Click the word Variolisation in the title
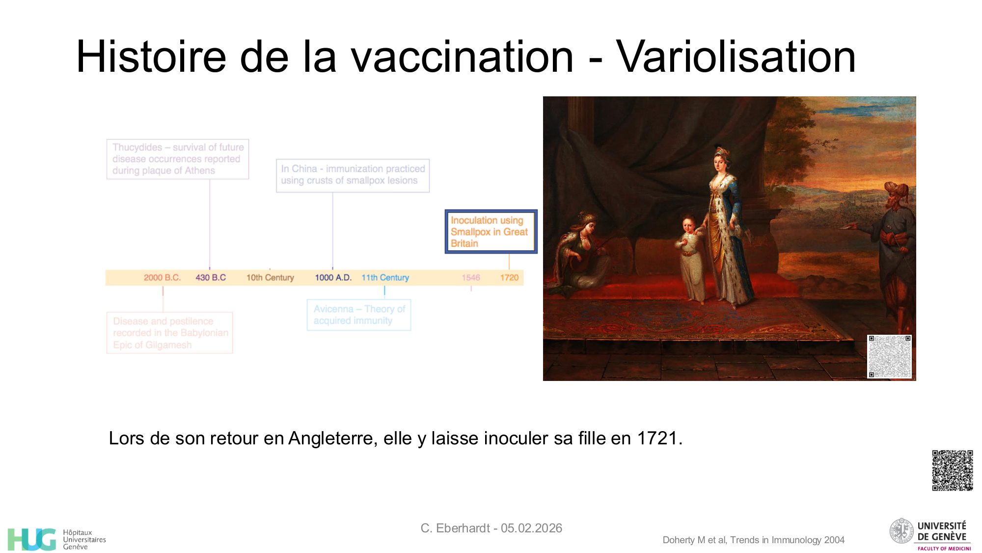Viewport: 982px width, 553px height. (736, 57)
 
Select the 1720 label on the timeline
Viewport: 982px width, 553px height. (509, 278)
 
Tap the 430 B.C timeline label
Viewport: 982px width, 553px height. (211, 278)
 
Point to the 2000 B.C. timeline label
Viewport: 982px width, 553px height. (162, 278)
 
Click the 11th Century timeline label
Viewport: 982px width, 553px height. (385, 278)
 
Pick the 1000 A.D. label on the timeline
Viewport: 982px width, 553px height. (333, 278)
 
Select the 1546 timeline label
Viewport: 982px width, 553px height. (471, 278)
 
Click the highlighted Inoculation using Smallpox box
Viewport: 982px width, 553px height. (491, 232)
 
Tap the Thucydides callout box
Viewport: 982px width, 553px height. (178, 159)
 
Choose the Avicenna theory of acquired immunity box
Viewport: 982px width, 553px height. (359, 315)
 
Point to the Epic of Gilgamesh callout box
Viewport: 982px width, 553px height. (170, 333)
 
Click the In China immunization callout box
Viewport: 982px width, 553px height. (353, 175)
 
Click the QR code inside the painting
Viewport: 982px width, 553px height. (889, 356)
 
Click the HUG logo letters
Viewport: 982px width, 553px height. (32, 539)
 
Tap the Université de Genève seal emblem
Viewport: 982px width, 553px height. (902, 531)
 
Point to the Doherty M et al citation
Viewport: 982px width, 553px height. (753, 540)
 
